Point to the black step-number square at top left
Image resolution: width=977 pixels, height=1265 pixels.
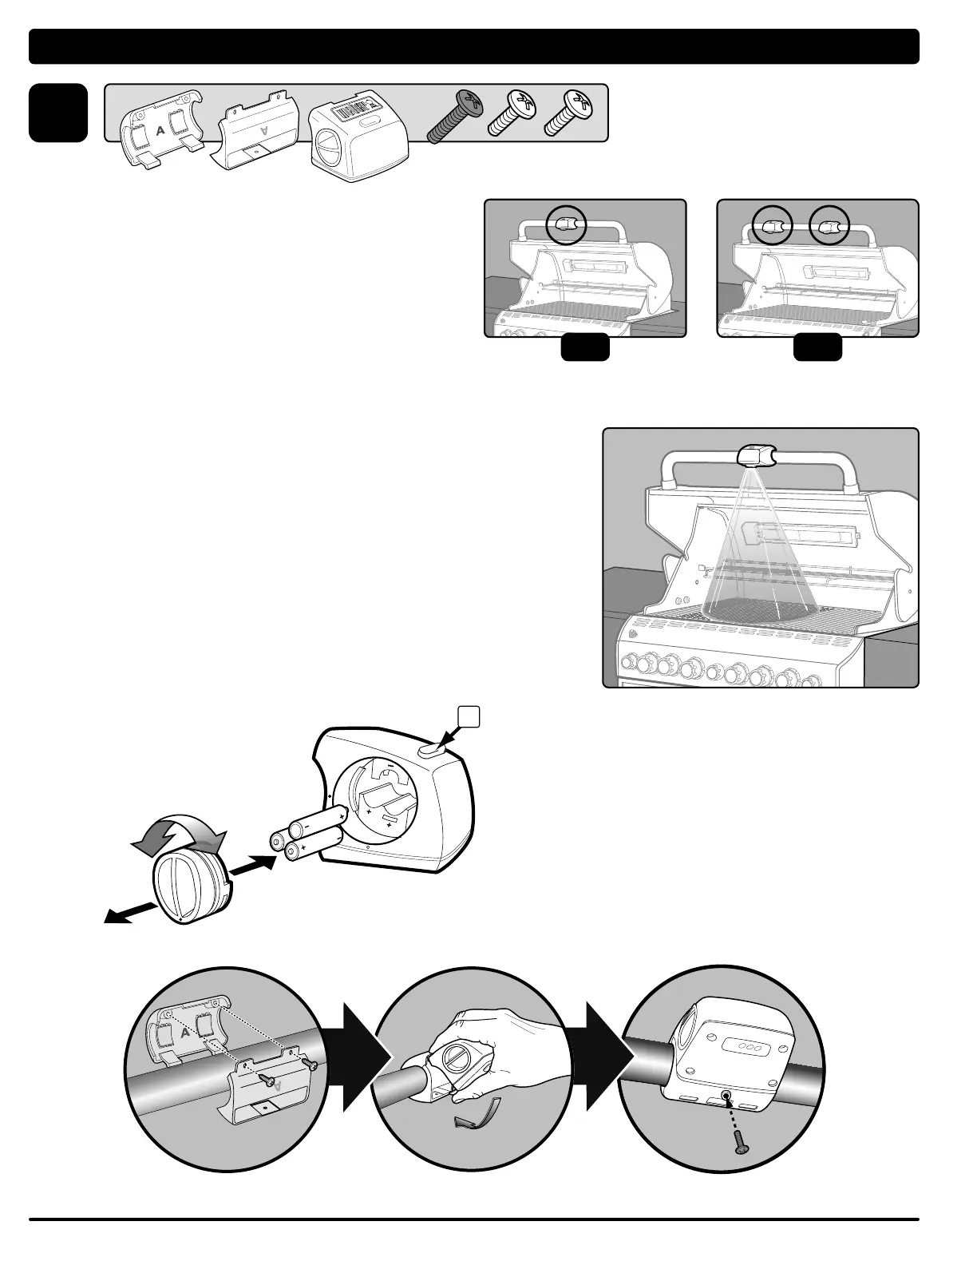58,113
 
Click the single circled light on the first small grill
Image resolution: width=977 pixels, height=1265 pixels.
566,226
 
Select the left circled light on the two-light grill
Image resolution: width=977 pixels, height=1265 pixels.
772,227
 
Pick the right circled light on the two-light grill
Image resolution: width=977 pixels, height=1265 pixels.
830,227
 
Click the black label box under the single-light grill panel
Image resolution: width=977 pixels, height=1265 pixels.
585,349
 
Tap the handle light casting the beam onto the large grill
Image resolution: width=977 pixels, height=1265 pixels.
757,456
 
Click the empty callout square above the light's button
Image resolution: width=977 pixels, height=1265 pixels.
468,716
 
